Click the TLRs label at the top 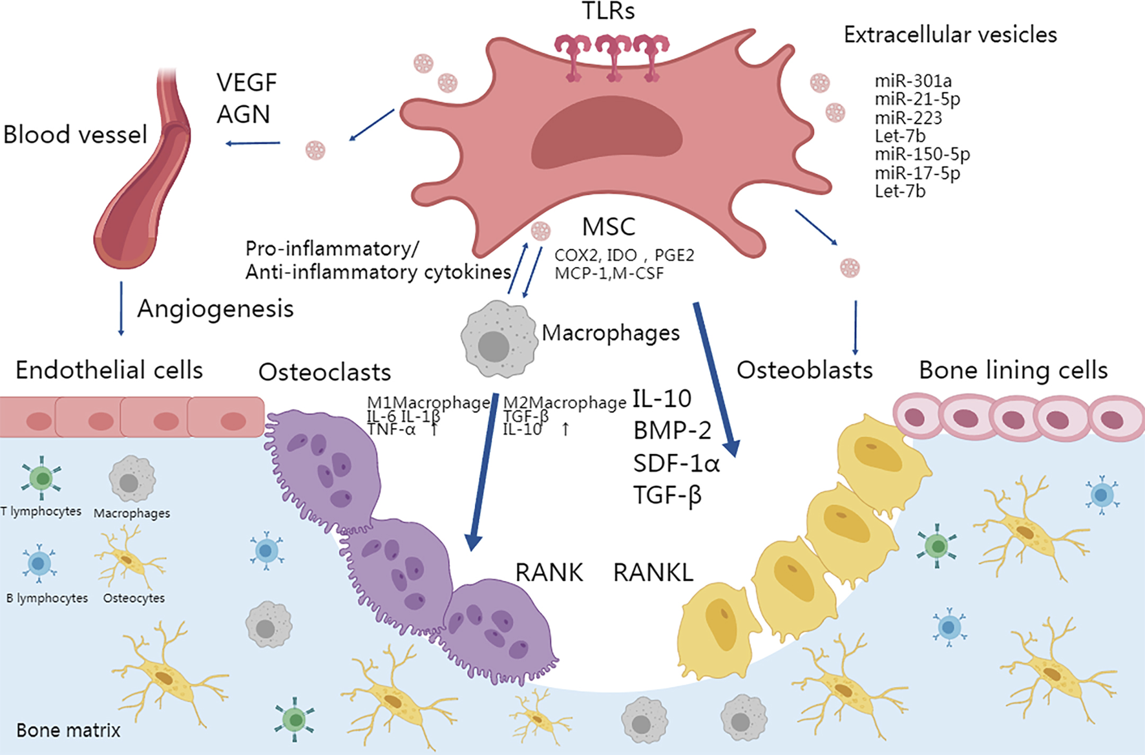[x=608, y=11]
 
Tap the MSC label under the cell [x=609, y=227]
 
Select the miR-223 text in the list [x=908, y=118]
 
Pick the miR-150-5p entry [x=922, y=154]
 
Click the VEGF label [x=246, y=83]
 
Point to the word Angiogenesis [x=215, y=309]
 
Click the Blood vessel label [x=75, y=134]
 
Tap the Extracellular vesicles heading [x=950, y=34]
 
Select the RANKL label [x=653, y=573]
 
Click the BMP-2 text [x=672, y=431]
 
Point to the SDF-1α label [x=676, y=463]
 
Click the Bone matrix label [x=68, y=730]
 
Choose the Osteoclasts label [x=324, y=372]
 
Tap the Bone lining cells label [x=1013, y=370]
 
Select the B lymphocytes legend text [x=47, y=598]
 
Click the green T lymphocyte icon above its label [x=42, y=478]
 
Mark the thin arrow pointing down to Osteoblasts [x=856, y=327]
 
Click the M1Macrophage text [x=428, y=403]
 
